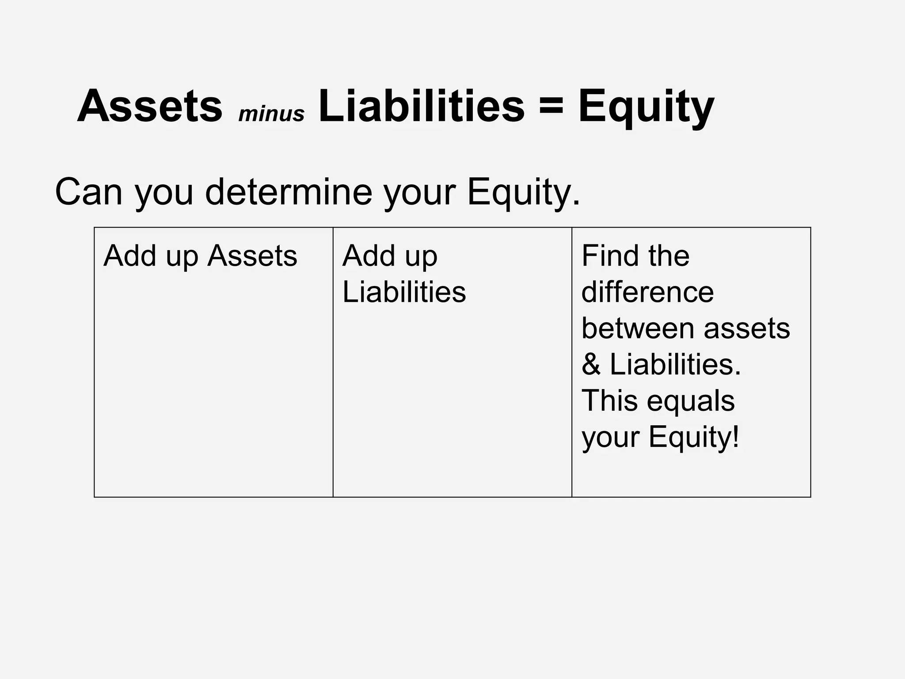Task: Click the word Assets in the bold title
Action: click(150, 107)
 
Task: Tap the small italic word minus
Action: click(271, 114)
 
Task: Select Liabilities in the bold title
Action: click(422, 107)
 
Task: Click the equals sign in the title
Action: click(551, 107)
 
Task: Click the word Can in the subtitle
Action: click(88, 192)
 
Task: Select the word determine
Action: click(289, 192)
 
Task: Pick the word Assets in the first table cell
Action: click(252, 256)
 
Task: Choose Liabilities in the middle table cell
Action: click(404, 292)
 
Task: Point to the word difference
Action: click(647, 292)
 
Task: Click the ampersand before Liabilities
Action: click(591, 365)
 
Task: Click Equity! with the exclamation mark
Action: click(694, 438)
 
